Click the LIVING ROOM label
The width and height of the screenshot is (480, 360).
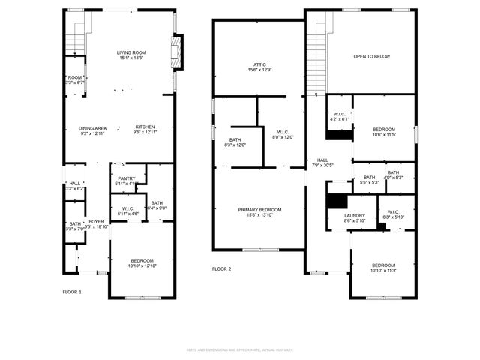[131, 52]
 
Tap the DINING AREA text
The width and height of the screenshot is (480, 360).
[92, 127]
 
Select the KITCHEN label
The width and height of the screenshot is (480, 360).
[145, 127]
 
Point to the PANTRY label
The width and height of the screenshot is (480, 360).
[126, 178]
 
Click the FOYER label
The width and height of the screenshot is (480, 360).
[97, 221]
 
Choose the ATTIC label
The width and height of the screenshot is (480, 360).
[259, 64]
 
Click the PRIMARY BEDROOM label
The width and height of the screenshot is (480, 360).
[259, 209]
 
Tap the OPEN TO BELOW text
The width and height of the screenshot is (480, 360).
[372, 56]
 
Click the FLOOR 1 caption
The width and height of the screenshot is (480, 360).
[72, 291]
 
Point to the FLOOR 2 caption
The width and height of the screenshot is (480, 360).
[221, 268]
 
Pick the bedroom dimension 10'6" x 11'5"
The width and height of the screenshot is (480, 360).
[383, 135]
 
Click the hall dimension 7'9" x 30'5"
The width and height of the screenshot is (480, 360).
[322, 165]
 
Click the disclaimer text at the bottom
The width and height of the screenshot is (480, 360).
[240, 349]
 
